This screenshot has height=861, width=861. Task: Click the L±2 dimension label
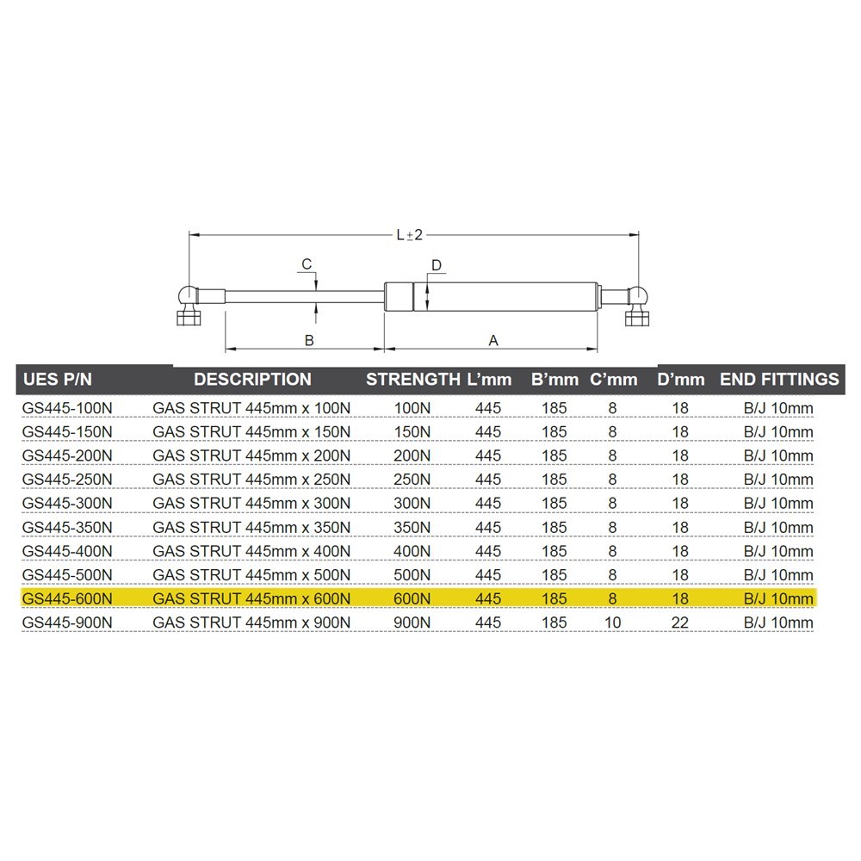pyautogui.click(x=410, y=235)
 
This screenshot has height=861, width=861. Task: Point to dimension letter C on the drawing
pyautogui.click(x=307, y=264)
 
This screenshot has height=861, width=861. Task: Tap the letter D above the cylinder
pyautogui.click(x=437, y=266)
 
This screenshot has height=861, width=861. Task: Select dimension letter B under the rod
pyautogui.click(x=309, y=340)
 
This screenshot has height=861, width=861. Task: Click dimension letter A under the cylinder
pyautogui.click(x=493, y=340)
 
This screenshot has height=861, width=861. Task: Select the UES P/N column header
pyautogui.click(x=58, y=380)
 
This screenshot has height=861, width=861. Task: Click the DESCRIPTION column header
pyautogui.click(x=252, y=380)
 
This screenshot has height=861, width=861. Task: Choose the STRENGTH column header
pyautogui.click(x=413, y=380)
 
